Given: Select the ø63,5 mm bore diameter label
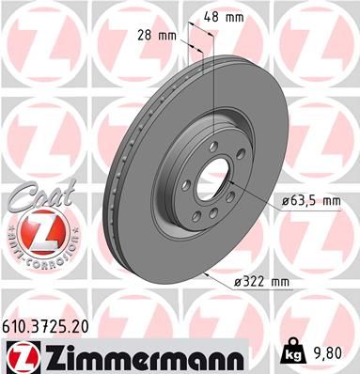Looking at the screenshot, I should (306, 200).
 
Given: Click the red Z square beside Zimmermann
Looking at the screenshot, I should (20, 356).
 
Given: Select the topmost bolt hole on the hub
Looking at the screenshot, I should (214, 144).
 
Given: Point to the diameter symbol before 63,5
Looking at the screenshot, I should (279, 200).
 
